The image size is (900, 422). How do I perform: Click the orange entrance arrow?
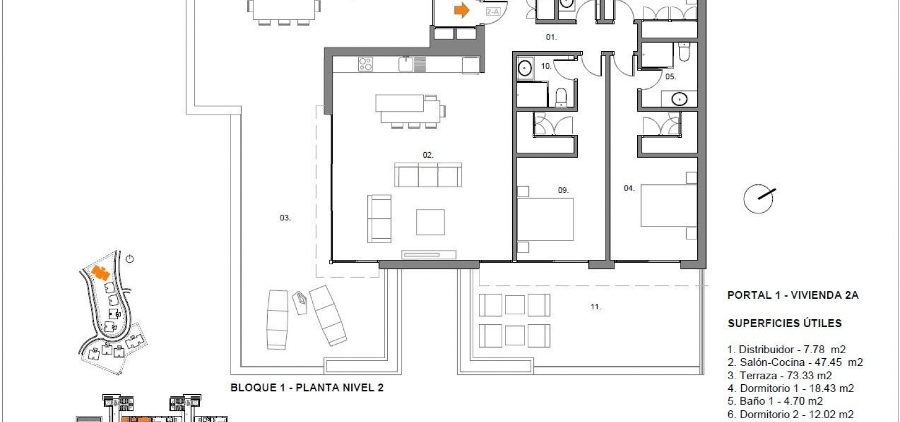(x=462, y=11)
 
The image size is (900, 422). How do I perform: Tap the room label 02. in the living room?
(x=428, y=155)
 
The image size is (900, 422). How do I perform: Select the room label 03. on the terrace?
(x=285, y=218)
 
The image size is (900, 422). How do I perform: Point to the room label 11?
(x=596, y=307)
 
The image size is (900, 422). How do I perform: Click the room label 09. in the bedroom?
(x=563, y=190)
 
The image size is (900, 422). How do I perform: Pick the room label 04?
(x=629, y=188)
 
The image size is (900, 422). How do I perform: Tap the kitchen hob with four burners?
(x=365, y=64)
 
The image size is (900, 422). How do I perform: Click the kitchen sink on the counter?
(x=406, y=64)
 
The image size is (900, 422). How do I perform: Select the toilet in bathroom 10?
(x=561, y=97)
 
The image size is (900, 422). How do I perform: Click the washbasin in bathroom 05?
(x=679, y=99)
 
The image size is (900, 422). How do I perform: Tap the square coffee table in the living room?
(x=431, y=222)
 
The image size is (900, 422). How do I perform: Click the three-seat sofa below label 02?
(x=428, y=175)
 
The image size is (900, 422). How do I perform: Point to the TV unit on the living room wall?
(x=429, y=254)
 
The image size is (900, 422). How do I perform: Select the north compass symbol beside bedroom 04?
(x=759, y=198)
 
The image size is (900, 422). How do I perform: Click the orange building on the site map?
(x=101, y=273)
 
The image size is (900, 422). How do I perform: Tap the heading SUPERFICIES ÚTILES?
(x=784, y=323)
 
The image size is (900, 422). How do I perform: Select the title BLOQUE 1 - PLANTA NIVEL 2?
(x=307, y=388)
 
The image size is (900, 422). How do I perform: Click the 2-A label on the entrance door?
(x=493, y=12)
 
